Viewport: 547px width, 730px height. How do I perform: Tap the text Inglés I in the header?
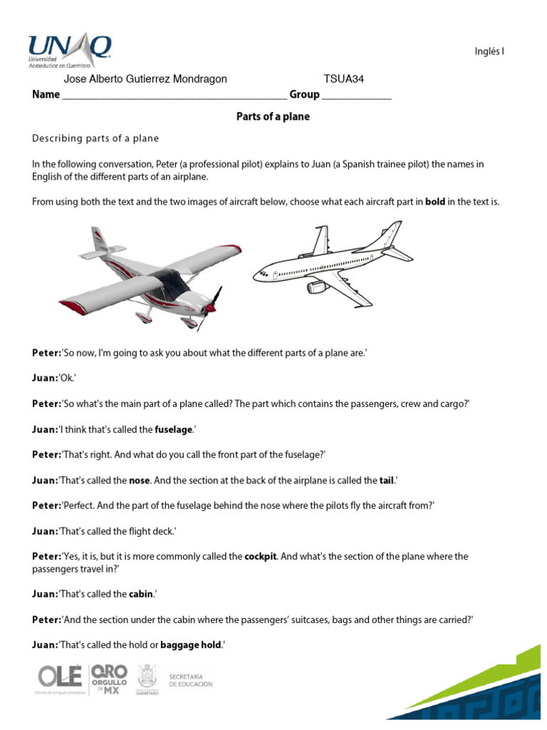pyautogui.click(x=489, y=51)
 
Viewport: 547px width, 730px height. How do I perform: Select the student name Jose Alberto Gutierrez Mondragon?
pyautogui.click(x=145, y=79)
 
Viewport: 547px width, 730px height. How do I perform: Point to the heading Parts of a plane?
pyautogui.click(x=273, y=116)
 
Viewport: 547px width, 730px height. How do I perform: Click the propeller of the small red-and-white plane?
pyautogui.click(x=211, y=307)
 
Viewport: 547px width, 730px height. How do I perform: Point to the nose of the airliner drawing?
pyautogui.click(x=258, y=274)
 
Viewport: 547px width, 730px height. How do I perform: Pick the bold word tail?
pyautogui.click(x=387, y=480)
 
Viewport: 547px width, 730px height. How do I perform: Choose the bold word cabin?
pyautogui.click(x=141, y=594)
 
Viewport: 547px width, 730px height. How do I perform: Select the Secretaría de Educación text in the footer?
pyautogui.click(x=190, y=679)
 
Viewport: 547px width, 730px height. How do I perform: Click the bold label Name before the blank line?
pyautogui.click(x=46, y=95)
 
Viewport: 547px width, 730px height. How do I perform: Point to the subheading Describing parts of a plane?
pyautogui.click(x=95, y=138)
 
